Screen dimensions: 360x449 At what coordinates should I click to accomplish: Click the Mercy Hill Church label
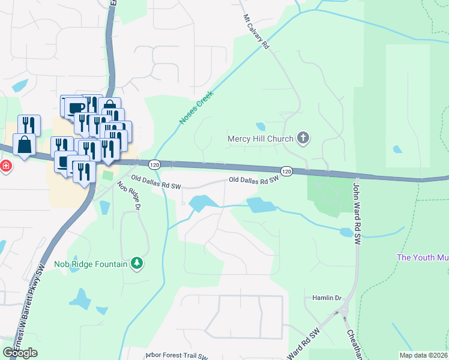[x=260, y=139]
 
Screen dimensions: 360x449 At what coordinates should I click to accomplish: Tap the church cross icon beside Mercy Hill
[x=303, y=139]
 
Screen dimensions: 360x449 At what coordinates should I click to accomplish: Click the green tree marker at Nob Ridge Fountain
[x=137, y=263]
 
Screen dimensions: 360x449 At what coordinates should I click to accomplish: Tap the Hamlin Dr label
[x=327, y=298]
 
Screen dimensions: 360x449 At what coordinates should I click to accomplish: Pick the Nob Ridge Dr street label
[x=128, y=195]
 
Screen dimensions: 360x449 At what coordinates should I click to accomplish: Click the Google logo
[x=20, y=353]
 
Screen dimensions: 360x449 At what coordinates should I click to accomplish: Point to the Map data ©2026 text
[x=423, y=355]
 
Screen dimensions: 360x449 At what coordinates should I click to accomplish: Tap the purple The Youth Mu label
[x=423, y=257]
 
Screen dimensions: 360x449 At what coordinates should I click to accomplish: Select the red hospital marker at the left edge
[x=5, y=165]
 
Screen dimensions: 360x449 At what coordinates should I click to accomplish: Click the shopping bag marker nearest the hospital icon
[x=25, y=145]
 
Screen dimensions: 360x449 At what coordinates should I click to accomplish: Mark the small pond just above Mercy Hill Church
[x=260, y=127]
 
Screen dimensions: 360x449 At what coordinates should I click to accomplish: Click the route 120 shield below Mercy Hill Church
[x=286, y=172]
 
